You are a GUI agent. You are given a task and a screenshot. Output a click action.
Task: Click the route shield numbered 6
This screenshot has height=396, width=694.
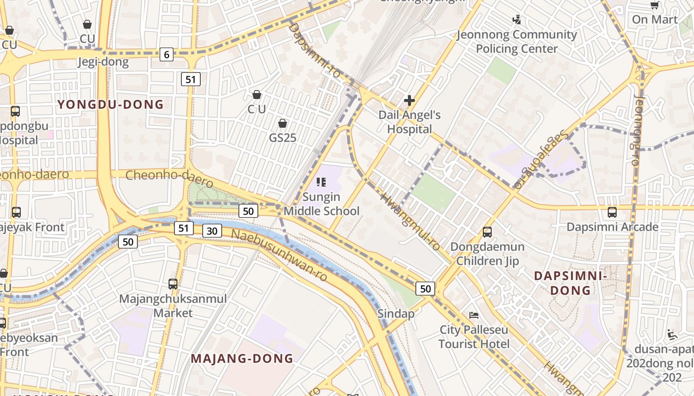(167, 54)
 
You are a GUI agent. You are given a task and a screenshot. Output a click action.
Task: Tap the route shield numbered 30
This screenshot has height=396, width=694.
(212, 231)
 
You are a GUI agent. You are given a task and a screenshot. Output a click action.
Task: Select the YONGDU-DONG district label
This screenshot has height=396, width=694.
(110, 104)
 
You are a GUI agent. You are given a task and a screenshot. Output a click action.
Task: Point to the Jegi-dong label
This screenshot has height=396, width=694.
(103, 62)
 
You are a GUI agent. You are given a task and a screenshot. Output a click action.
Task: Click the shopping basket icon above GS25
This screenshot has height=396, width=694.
(283, 123)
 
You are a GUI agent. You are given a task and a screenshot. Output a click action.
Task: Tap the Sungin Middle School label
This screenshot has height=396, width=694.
(321, 204)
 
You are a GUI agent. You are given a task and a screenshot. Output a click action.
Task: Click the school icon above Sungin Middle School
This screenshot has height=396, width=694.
(321, 182)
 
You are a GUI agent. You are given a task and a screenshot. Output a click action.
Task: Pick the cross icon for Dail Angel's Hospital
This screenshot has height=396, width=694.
(409, 101)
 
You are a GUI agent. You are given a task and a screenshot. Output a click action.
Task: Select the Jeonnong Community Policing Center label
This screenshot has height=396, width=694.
(517, 42)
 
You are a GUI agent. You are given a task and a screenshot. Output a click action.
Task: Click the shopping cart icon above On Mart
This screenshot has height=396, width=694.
(655, 5)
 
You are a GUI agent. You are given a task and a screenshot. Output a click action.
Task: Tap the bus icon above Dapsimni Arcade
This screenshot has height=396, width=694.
(612, 212)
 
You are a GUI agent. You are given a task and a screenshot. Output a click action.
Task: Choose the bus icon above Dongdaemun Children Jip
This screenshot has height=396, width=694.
(487, 232)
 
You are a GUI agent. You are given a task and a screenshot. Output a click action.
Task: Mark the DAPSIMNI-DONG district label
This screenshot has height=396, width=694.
(570, 283)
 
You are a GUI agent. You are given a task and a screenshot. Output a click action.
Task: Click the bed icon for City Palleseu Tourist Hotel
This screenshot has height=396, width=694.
(474, 315)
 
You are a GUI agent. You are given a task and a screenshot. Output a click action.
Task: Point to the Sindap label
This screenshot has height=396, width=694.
(396, 314)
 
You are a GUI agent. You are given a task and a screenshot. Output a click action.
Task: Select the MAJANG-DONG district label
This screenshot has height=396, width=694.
(242, 358)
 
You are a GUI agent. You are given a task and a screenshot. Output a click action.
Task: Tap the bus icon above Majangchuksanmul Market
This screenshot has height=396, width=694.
(173, 284)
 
